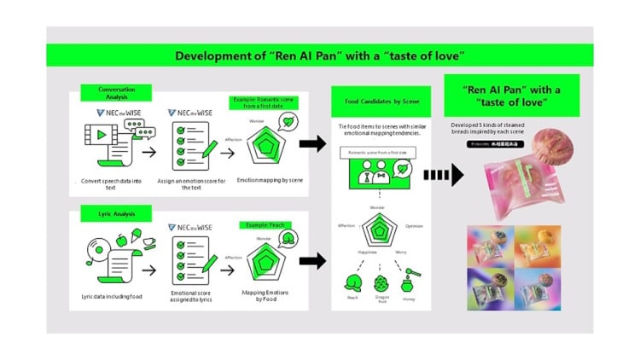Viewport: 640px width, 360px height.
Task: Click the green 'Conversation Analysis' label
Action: [x=113, y=91]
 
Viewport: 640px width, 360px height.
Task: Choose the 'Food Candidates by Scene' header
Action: [x=381, y=102]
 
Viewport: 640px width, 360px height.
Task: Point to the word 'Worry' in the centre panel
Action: [x=401, y=253]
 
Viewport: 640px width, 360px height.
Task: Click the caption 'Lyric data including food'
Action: [x=106, y=296]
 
